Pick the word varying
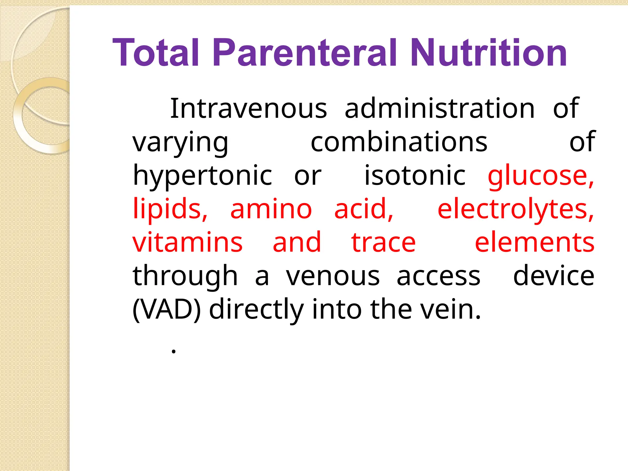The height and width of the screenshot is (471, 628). pyautogui.click(x=180, y=143)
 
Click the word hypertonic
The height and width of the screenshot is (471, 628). pyautogui.click(x=202, y=176)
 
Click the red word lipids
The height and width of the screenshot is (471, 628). pyautogui.click(x=170, y=209)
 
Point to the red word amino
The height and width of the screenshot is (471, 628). pyautogui.click(x=271, y=209)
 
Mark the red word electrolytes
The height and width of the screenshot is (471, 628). pyautogui.click(x=515, y=209)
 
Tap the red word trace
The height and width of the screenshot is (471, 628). pyautogui.click(x=383, y=243)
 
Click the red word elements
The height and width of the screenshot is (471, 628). pyautogui.click(x=534, y=243)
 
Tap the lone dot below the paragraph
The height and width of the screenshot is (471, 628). pyautogui.click(x=174, y=352)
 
